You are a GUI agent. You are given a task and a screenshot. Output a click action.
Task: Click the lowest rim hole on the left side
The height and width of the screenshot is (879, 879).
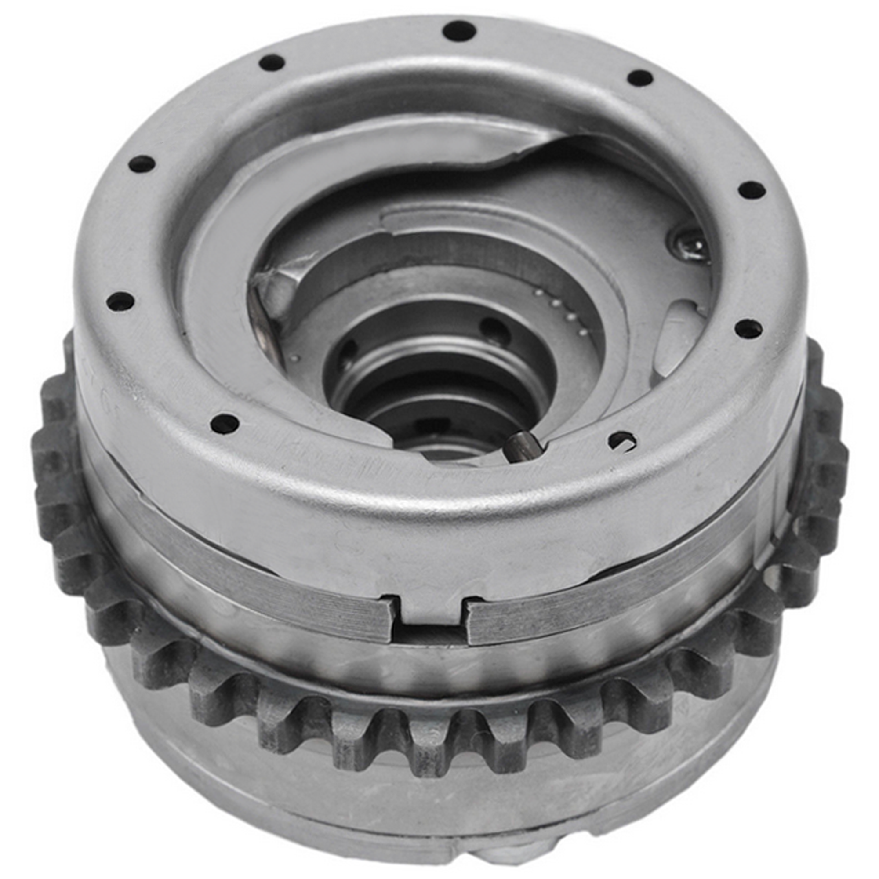225,424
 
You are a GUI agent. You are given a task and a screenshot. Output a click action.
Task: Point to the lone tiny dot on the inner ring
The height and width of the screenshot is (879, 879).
296,358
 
